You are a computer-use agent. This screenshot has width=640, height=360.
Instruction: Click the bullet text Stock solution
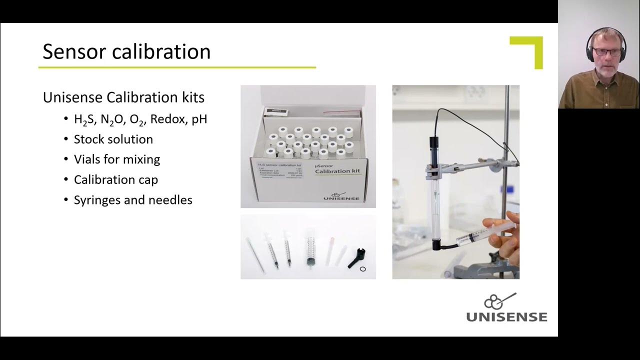tap(113, 139)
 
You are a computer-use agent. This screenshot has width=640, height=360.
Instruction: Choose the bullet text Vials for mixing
tap(117, 159)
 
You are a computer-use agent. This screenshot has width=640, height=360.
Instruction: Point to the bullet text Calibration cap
tap(116, 179)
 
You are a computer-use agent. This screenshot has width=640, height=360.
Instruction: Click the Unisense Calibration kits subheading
tap(123, 97)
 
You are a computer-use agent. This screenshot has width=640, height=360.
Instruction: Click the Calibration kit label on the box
tap(337, 171)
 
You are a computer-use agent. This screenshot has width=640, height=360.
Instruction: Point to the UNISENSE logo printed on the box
tap(341, 196)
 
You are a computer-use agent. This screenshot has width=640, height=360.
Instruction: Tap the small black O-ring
tap(362, 269)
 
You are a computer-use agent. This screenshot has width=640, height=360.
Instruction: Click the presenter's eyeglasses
tap(606, 51)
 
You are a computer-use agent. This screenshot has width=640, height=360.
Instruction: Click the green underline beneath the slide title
tap(177, 67)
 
